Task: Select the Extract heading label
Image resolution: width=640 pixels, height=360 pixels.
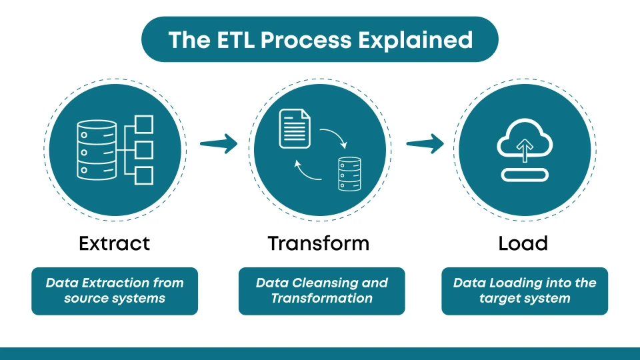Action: point(114,243)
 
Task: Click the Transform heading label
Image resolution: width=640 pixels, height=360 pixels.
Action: point(319,243)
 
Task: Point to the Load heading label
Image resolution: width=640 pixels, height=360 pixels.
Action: point(523,243)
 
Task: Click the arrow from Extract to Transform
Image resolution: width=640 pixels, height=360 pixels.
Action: point(219,143)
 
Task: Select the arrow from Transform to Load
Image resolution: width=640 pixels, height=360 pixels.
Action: point(425,143)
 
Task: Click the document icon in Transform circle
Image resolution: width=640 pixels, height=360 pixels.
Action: point(294,129)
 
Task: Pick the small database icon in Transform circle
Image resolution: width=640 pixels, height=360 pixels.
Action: point(349,173)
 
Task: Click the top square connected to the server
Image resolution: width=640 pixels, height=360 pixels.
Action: point(144,124)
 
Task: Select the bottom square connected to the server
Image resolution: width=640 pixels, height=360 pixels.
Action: point(144,175)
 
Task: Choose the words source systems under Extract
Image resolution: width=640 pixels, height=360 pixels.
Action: point(115,298)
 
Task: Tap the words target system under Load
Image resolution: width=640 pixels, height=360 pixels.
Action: point(525,298)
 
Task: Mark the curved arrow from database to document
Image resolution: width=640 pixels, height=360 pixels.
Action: point(307,172)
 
